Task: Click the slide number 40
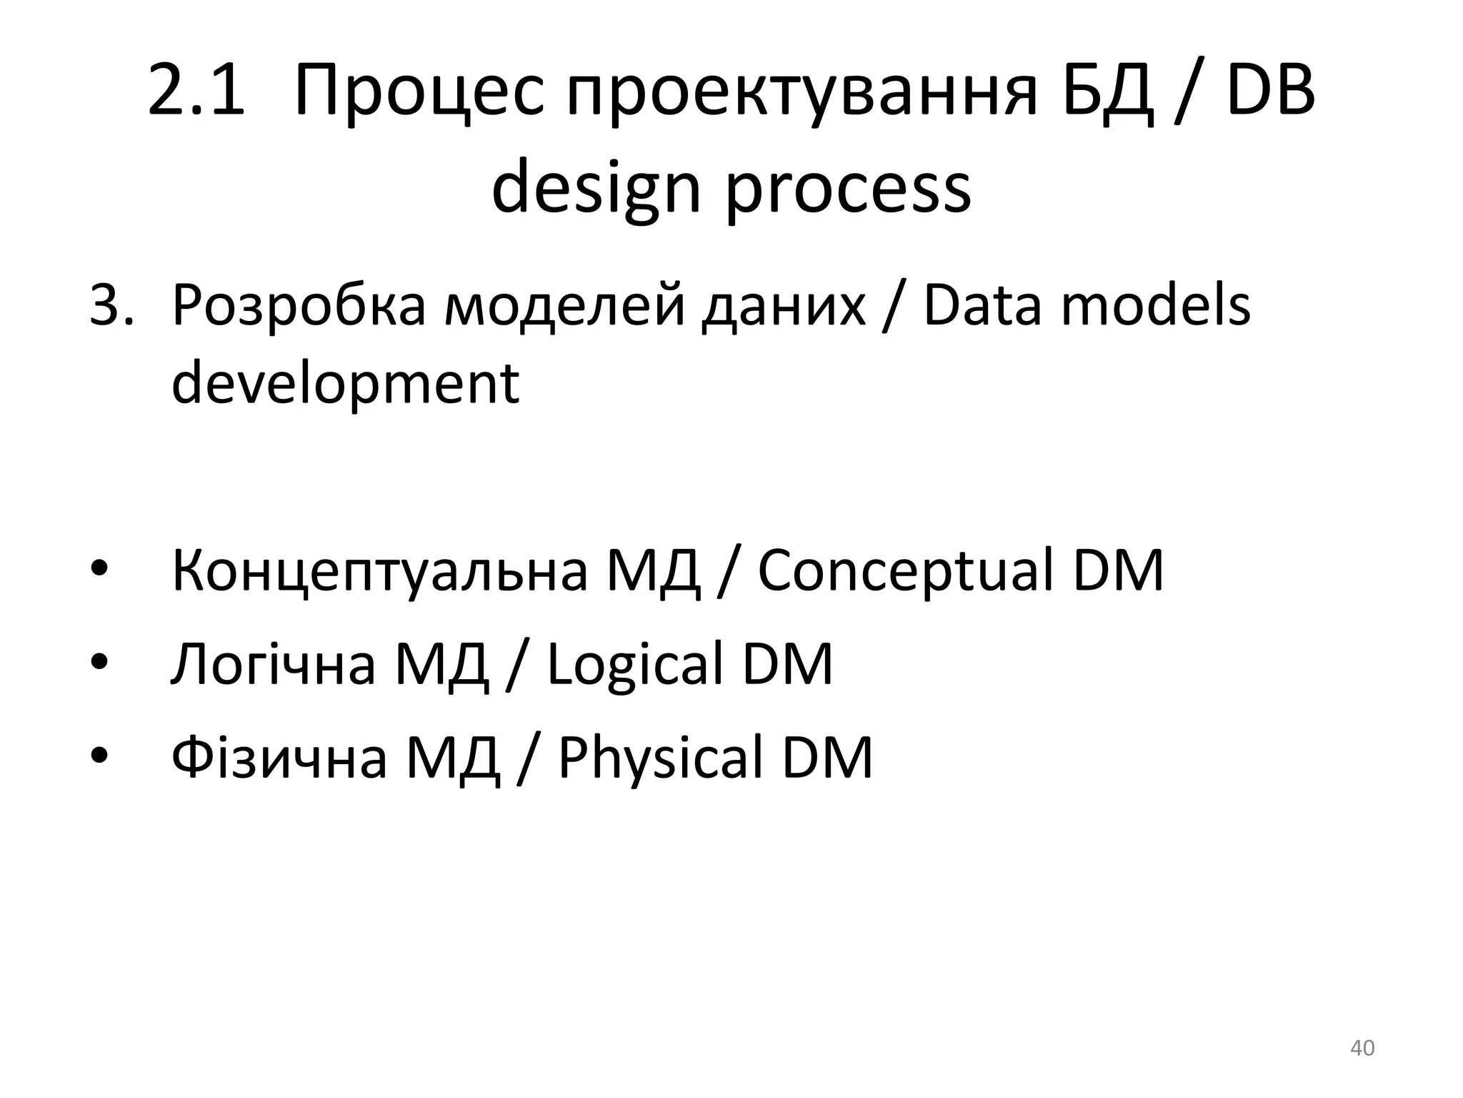coord(1362,1049)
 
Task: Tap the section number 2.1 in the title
coord(196,91)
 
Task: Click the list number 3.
coord(110,306)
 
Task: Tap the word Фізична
coord(279,758)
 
